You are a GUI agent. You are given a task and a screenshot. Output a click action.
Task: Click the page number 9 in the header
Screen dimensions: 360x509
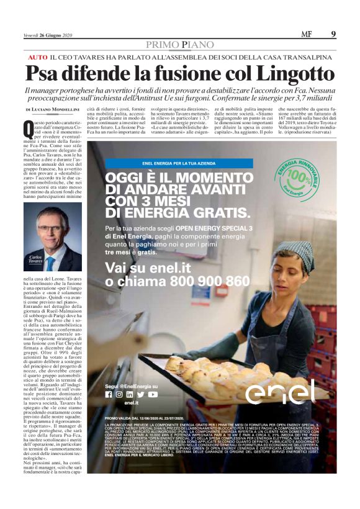[333, 34]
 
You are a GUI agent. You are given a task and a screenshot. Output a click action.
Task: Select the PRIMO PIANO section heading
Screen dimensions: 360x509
[179, 45]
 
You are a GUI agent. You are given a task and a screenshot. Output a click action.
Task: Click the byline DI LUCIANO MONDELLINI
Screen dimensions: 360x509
[52, 109]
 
